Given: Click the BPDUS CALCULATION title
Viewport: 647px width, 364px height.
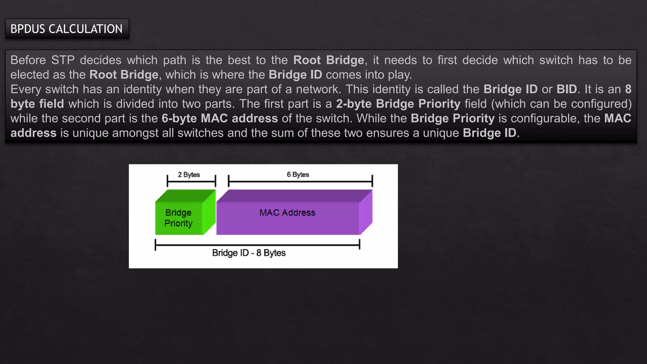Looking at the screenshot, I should [x=66, y=29].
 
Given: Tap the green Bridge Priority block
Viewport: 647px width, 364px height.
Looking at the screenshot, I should [x=179, y=218].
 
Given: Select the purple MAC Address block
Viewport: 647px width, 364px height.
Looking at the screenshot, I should [x=287, y=213].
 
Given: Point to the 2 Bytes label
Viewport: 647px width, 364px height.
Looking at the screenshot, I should [x=189, y=175].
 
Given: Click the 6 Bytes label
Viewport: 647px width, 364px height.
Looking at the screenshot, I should [x=298, y=174].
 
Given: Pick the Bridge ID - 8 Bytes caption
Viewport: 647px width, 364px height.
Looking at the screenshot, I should [x=249, y=253].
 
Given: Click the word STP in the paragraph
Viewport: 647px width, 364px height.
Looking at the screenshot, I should [x=63, y=60].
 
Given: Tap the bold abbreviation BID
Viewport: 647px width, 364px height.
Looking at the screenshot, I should [x=567, y=89].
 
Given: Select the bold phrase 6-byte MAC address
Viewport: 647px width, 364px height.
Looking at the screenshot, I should [x=220, y=118].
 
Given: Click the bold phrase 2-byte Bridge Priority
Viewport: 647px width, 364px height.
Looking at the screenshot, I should [x=398, y=104].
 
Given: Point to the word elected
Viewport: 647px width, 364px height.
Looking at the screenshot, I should [x=29, y=75].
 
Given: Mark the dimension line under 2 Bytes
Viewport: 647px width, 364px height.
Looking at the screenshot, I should [x=191, y=181].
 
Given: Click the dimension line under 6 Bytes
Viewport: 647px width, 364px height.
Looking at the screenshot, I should [x=300, y=181].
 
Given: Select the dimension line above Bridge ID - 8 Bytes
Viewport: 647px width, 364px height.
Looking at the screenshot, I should [x=257, y=245].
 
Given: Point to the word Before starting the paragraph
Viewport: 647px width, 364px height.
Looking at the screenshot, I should [x=28, y=60].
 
